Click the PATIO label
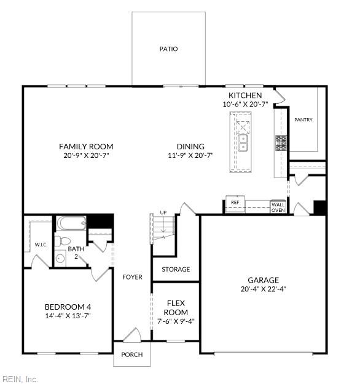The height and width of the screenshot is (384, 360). coord(168,49)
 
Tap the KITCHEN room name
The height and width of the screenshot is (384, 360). coord(245,95)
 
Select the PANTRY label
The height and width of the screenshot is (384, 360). coord(303,119)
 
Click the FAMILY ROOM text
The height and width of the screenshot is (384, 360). coord(86,146)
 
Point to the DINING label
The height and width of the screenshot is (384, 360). coord(190,146)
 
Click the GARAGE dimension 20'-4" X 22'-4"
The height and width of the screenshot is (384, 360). coord(263,289)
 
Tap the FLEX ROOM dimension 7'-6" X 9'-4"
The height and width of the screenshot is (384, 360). coord(176,321)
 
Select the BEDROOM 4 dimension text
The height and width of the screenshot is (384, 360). coord(68,316)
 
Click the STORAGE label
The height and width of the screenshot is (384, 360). coord(176,269)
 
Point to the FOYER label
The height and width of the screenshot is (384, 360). coord(132,277)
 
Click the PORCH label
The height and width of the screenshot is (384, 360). coord(132,355)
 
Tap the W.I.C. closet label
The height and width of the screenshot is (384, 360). coord(41,245)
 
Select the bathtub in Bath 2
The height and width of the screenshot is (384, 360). coord(71,222)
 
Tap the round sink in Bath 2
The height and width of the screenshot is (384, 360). coord(60,258)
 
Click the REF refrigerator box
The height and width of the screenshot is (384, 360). coord(235,202)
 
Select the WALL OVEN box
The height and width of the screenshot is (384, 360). coord(278,207)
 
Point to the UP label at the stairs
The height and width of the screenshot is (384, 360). coord(163,213)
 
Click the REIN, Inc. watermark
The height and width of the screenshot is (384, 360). coord(20,379)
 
